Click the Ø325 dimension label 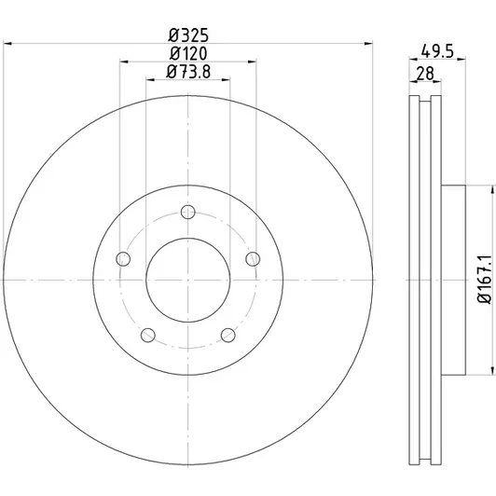point(188,34)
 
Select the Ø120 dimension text point(188,53)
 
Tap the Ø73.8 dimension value point(188,72)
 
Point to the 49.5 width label point(437,51)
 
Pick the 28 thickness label point(425,74)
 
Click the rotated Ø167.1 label point(485,280)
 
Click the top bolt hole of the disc point(188,212)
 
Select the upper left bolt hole point(123,259)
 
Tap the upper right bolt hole point(253,259)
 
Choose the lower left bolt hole point(147,336)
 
